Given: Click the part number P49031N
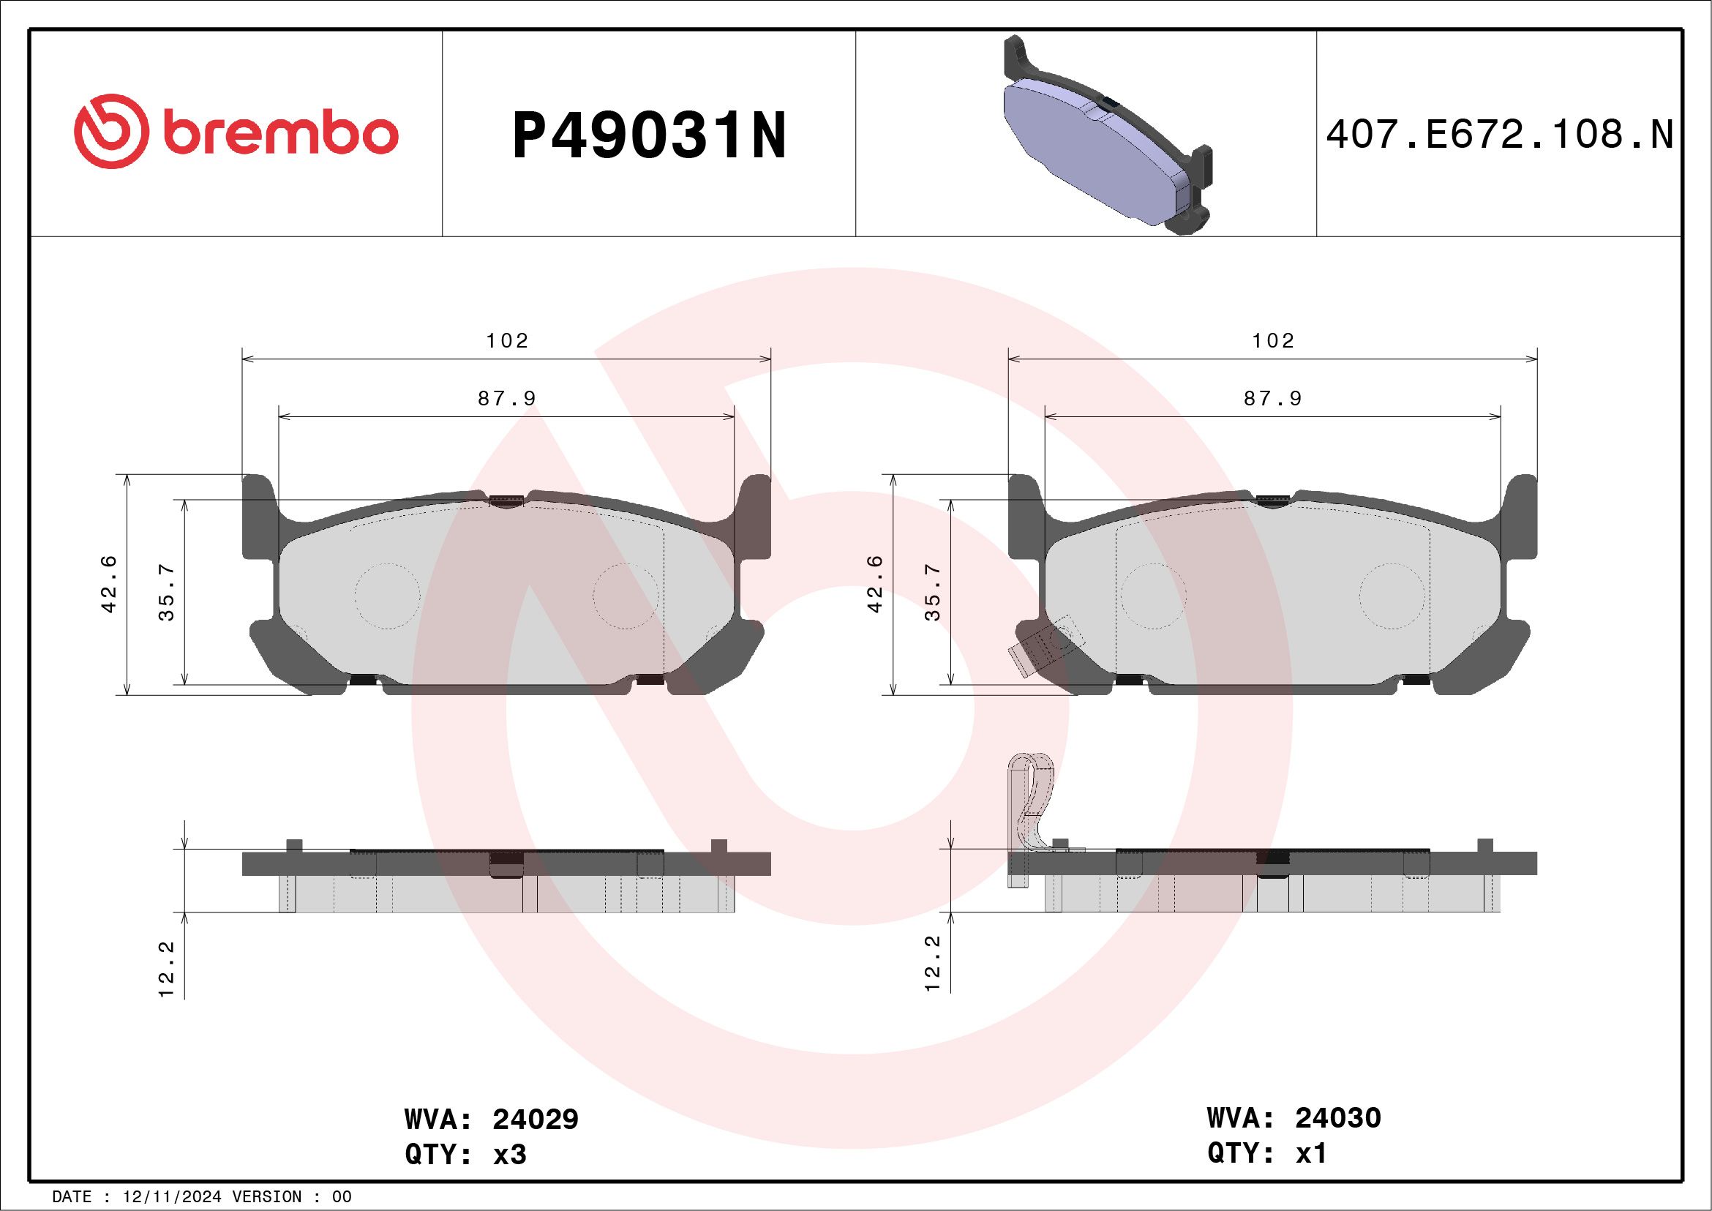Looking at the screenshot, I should [649, 135].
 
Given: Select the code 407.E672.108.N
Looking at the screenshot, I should [1499, 135].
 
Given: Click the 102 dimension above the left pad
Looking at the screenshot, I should [507, 341].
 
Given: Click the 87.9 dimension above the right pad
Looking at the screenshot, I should [1272, 399].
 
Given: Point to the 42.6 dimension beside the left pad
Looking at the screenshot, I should [109, 584].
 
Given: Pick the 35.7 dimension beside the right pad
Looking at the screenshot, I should [932, 593].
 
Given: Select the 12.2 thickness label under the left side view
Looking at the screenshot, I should [166, 969].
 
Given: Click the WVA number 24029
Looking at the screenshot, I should [535, 1120].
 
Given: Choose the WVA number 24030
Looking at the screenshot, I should [1337, 1118].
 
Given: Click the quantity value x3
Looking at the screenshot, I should [510, 1155].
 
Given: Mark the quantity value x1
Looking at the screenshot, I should [1312, 1153].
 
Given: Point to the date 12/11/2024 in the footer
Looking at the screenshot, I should [171, 1197].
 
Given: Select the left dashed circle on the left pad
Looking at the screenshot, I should [387, 595].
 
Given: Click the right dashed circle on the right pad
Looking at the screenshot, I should [1392, 595].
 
